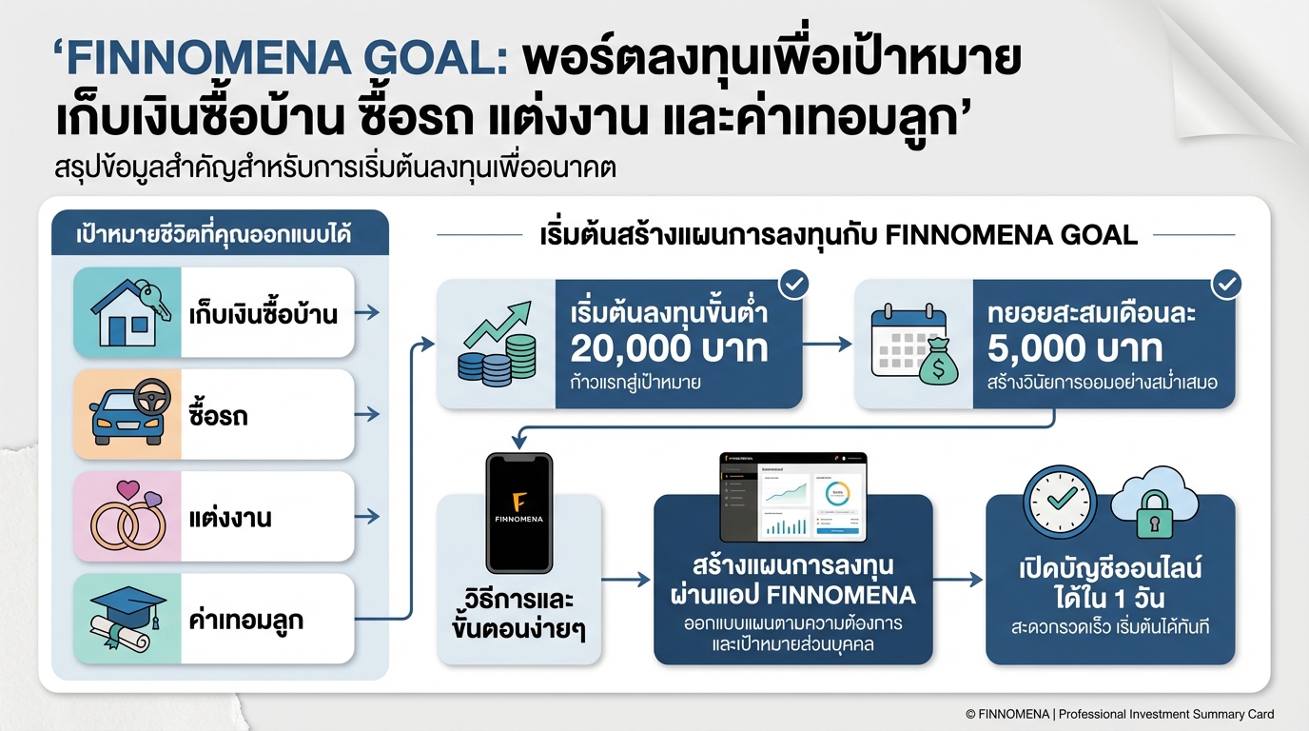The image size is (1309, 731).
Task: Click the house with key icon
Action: (x=128, y=312)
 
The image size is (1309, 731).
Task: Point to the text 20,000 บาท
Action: (x=669, y=349)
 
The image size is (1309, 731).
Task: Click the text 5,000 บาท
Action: (x=1075, y=349)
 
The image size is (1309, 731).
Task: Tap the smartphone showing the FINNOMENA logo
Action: (x=518, y=512)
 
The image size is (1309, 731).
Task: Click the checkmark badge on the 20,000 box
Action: (x=792, y=284)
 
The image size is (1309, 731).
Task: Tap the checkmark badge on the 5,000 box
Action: (x=1226, y=284)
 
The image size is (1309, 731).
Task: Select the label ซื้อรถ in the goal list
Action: (x=218, y=416)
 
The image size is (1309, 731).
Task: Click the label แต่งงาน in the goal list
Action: (x=230, y=518)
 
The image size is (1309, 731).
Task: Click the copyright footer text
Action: (x=1120, y=714)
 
